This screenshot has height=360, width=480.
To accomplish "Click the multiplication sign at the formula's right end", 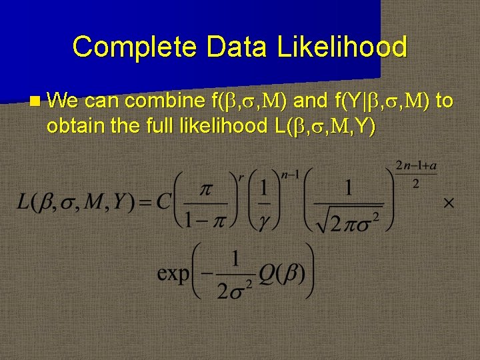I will pyautogui.click(x=449, y=202).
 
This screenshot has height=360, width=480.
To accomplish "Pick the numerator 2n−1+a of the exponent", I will pyautogui.click(x=417, y=165).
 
